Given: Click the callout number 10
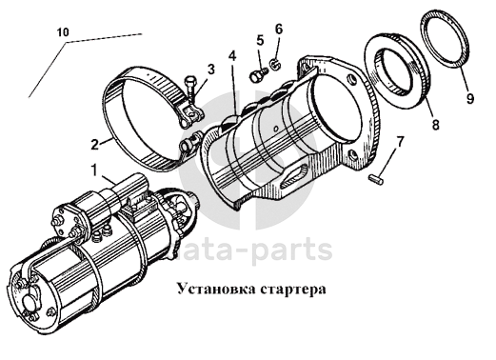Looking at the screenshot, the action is (63, 32).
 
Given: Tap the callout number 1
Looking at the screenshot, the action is (94, 170).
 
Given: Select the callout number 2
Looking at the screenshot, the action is (95, 145).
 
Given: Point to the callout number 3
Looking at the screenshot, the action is (210, 70).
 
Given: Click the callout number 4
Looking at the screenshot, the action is (232, 56).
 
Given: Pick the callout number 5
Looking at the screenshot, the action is (260, 40).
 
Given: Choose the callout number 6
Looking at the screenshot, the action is (278, 30).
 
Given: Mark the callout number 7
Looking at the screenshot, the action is (400, 142).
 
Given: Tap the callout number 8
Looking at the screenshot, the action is (436, 124).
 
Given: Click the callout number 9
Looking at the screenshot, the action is (470, 98).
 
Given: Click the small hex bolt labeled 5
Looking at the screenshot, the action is (259, 75).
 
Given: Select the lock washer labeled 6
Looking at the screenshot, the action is (275, 65).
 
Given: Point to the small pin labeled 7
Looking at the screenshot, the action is (377, 179).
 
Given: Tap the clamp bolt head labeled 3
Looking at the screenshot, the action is (189, 81).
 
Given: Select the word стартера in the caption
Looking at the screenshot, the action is (294, 290).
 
